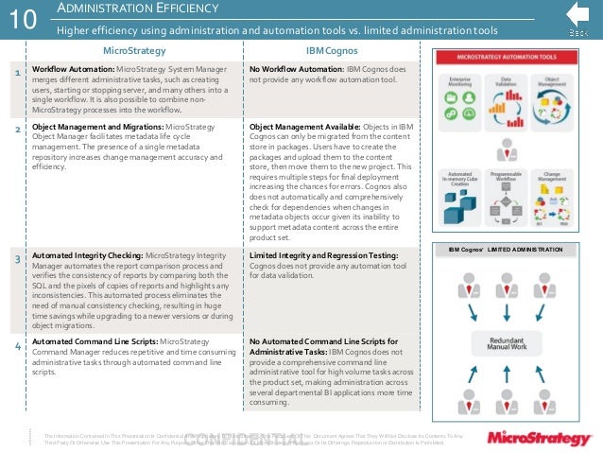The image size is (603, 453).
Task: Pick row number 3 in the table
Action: [18, 258]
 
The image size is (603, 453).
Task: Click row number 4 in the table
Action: [18, 347]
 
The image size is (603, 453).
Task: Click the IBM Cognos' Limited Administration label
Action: [507, 249]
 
